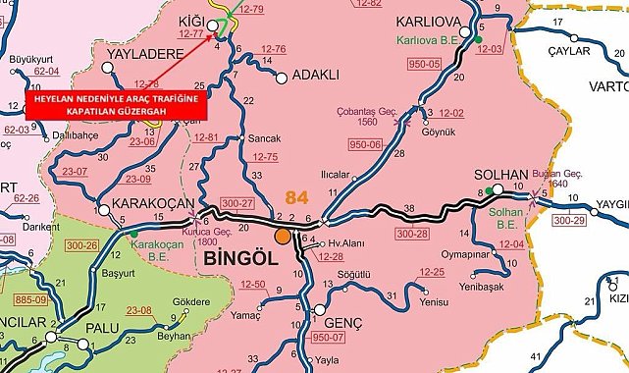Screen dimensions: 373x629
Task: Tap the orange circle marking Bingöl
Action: click(283, 236)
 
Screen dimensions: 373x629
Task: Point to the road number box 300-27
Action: click(237, 203)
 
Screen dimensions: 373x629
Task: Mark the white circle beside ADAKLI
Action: click(283, 77)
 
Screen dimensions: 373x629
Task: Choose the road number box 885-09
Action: click(19, 297)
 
